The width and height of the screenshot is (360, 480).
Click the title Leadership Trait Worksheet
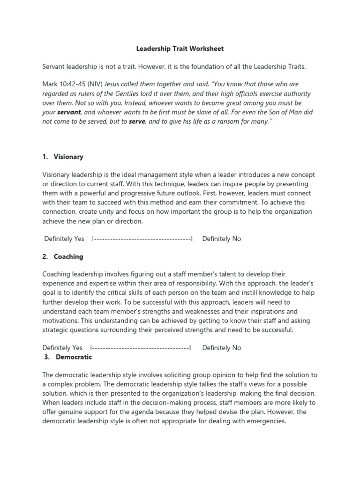[x=180, y=48]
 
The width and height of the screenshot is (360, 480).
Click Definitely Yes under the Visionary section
[x=64, y=239]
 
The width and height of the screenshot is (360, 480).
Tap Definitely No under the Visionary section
[x=222, y=239]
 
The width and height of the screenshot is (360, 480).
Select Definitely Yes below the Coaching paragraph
[x=62, y=348]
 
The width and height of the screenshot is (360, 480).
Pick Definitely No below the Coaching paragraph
[x=222, y=348]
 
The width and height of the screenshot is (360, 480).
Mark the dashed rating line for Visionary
[x=142, y=239]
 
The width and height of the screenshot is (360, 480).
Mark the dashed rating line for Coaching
[x=141, y=348]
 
